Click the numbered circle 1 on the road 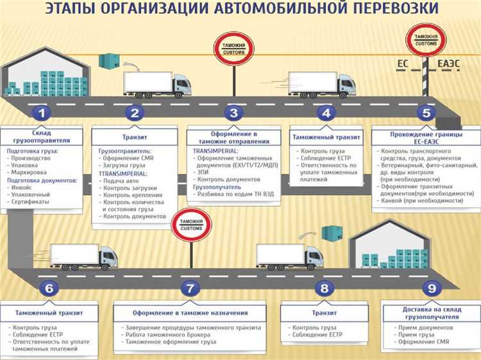coord(42,114)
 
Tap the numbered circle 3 coord(233,114)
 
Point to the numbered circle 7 coord(190,289)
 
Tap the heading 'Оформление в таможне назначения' coord(190,313)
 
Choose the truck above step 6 coord(83,257)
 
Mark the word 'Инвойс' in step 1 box coord(25,189)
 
